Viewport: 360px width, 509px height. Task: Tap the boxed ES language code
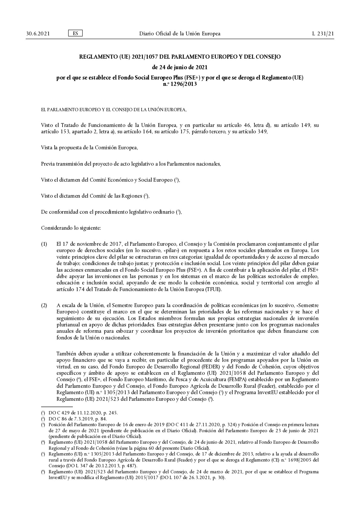tap(75, 33)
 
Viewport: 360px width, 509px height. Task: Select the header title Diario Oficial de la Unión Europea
tap(180, 34)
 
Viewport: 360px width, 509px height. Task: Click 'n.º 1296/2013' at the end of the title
tap(180, 84)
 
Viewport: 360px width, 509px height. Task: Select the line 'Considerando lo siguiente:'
tap(71, 228)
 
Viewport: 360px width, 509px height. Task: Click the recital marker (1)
tap(44, 244)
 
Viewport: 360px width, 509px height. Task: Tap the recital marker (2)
tap(44, 305)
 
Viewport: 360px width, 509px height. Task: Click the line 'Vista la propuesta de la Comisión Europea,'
tap(89, 148)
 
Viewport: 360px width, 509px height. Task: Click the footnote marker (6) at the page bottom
tap(43, 472)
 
